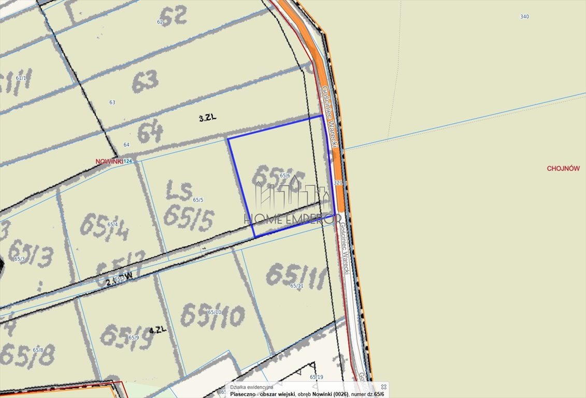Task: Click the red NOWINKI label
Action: click(x=109, y=161)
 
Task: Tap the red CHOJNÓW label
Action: click(x=563, y=168)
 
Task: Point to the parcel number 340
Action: click(x=524, y=17)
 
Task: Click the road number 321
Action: click(x=338, y=182)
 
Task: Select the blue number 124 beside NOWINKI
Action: click(x=128, y=161)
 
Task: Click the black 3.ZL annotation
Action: click(x=207, y=118)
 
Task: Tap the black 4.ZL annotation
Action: click(x=157, y=330)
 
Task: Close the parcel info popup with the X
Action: click(x=383, y=387)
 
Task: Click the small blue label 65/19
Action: click(x=316, y=377)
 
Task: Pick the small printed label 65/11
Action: click(x=296, y=286)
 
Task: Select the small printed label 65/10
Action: click(x=215, y=312)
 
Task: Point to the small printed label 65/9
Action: click(x=134, y=337)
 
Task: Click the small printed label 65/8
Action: click(x=38, y=350)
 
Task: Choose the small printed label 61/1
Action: click(x=21, y=78)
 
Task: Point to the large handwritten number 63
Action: click(x=145, y=80)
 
